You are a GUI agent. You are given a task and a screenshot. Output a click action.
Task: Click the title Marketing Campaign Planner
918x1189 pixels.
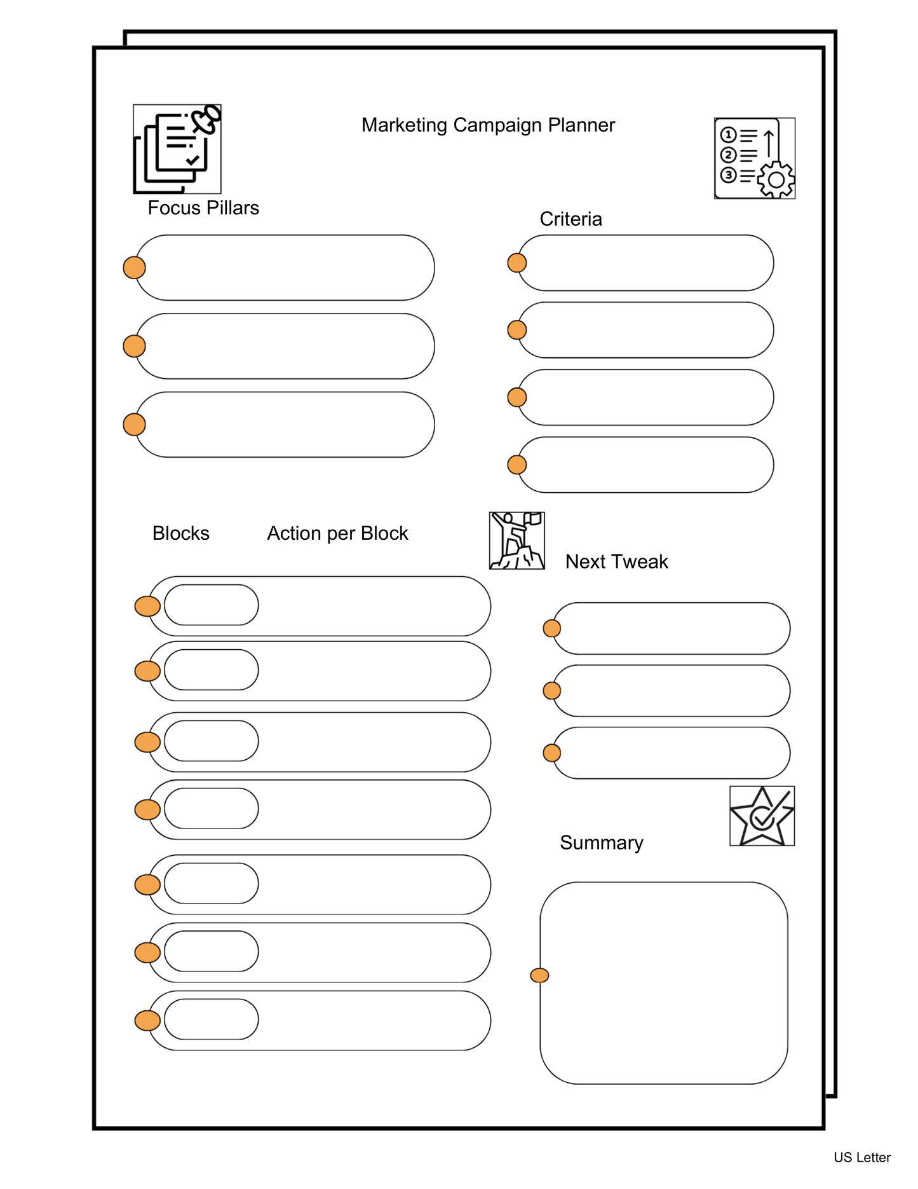pyautogui.click(x=487, y=125)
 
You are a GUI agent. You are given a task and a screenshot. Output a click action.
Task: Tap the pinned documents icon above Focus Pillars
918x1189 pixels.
pyautogui.click(x=177, y=149)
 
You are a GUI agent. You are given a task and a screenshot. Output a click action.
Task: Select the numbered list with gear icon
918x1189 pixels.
pyautogui.click(x=754, y=158)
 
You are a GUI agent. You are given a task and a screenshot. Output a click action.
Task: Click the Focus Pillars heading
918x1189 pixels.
pyautogui.click(x=203, y=208)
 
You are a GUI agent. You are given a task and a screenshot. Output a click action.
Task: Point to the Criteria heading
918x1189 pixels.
pyautogui.click(x=570, y=219)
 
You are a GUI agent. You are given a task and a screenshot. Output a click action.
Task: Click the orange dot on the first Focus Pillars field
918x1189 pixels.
pyautogui.click(x=134, y=268)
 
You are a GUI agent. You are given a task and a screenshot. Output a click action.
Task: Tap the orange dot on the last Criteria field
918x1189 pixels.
pyautogui.click(x=517, y=465)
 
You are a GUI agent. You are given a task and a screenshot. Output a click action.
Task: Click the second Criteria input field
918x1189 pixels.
pyautogui.click(x=646, y=330)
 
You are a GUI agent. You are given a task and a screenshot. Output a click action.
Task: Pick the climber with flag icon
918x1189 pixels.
pyautogui.click(x=516, y=540)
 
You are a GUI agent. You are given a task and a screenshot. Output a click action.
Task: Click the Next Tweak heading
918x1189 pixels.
pyautogui.click(x=616, y=561)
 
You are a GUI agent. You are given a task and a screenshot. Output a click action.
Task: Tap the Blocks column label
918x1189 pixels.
pyautogui.click(x=180, y=533)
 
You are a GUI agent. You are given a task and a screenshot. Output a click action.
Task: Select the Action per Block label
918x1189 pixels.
pyautogui.click(x=337, y=533)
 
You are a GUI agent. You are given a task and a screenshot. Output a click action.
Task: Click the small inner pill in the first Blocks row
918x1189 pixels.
pyautogui.click(x=211, y=605)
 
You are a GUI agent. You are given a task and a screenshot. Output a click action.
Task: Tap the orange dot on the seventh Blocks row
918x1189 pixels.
pyautogui.click(x=147, y=1021)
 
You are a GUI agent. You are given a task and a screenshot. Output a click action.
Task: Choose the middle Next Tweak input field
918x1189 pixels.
pyautogui.click(x=672, y=691)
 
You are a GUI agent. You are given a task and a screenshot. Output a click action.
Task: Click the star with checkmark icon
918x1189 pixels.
pyautogui.click(x=762, y=816)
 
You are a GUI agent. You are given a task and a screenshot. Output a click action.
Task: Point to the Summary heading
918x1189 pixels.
pyautogui.click(x=601, y=842)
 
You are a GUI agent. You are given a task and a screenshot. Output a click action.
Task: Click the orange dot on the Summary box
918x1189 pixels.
pyautogui.click(x=539, y=975)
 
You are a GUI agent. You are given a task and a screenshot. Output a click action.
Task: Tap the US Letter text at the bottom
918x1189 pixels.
pyautogui.click(x=861, y=1157)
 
